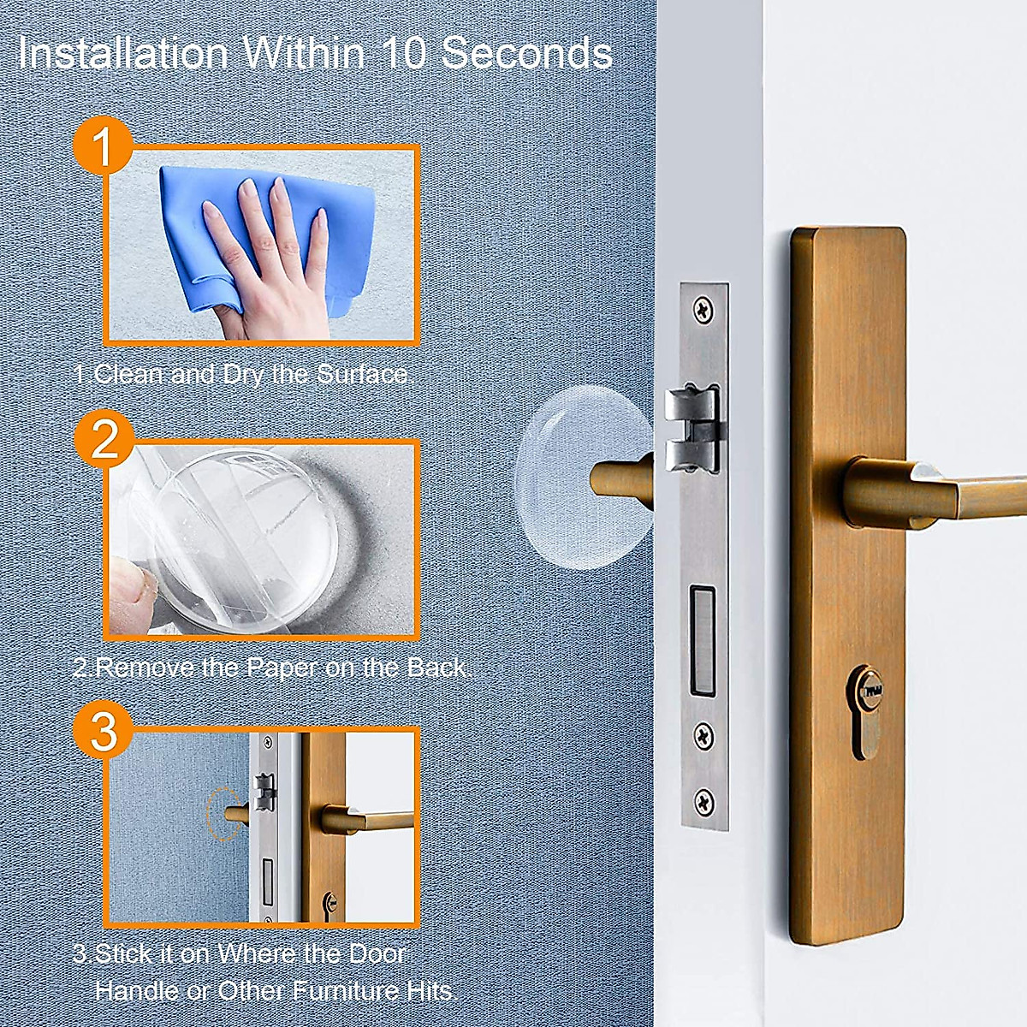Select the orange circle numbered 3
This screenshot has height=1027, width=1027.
(x=103, y=732)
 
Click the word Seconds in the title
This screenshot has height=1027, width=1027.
(x=526, y=53)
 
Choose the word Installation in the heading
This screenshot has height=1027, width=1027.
(x=124, y=53)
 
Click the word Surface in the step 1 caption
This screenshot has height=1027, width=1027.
(x=364, y=374)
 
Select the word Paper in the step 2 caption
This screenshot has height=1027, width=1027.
(x=283, y=667)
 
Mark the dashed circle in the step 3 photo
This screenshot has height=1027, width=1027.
(x=221, y=814)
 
